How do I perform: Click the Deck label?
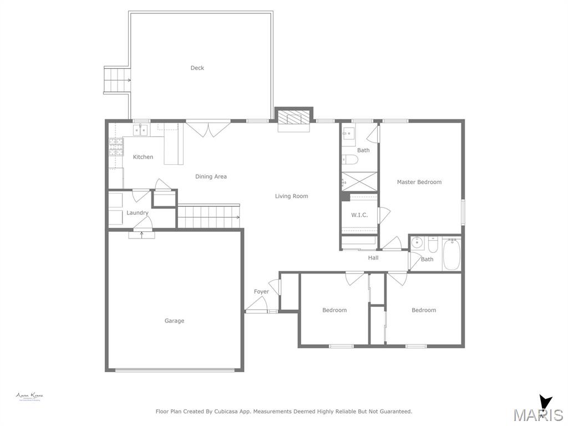click(x=197, y=68)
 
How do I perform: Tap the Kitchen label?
click(x=143, y=157)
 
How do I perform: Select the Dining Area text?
click(x=211, y=177)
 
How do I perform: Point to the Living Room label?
click(x=291, y=196)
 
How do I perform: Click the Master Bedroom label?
click(x=419, y=182)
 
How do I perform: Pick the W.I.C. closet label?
click(x=359, y=215)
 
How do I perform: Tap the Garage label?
click(x=174, y=321)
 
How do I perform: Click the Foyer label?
click(x=261, y=292)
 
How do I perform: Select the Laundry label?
click(x=137, y=213)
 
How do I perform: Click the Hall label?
click(x=373, y=258)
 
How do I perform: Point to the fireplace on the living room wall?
click(x=294, y=118)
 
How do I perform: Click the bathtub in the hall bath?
click(x=452, y=255)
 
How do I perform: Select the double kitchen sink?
click(x=140, y=130)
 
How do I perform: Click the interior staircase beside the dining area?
click(x=209, y=216)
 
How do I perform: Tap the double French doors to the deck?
click(x=207, y=129)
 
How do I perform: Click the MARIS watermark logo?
click(x=537, y=414)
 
